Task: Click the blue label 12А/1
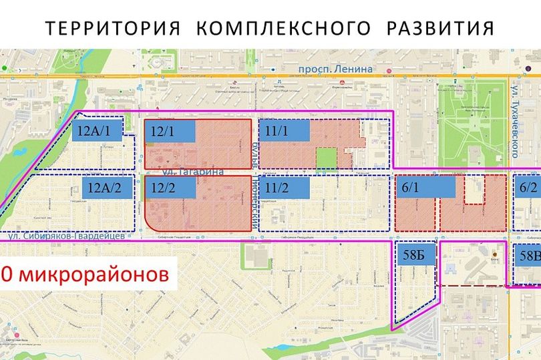[x=97, y=130]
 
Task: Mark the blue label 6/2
[x=528, y=188]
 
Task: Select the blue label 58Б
[x=416, y=255]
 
